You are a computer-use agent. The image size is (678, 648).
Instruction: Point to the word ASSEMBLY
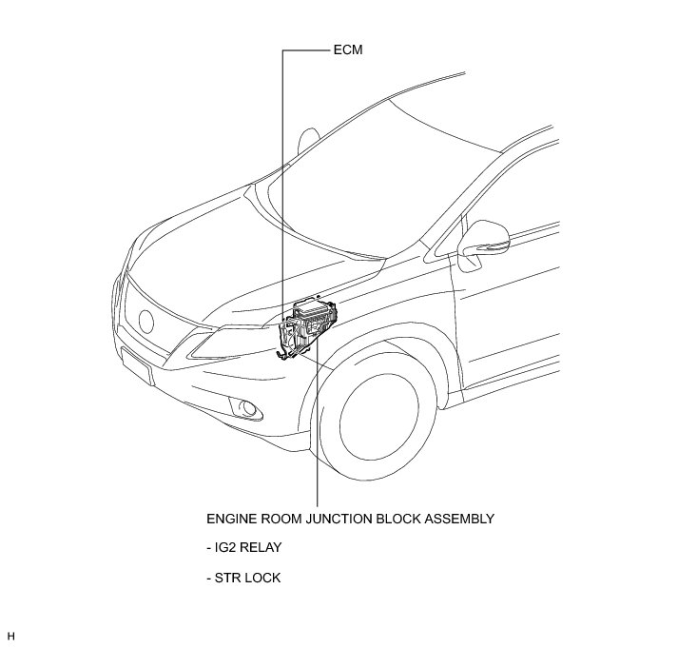click(462, 520)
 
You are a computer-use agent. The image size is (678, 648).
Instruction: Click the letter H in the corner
click(11, 635)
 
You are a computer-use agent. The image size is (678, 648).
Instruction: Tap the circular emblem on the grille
click(148, 321)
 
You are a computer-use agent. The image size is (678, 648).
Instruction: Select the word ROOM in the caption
click(282, 520)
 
